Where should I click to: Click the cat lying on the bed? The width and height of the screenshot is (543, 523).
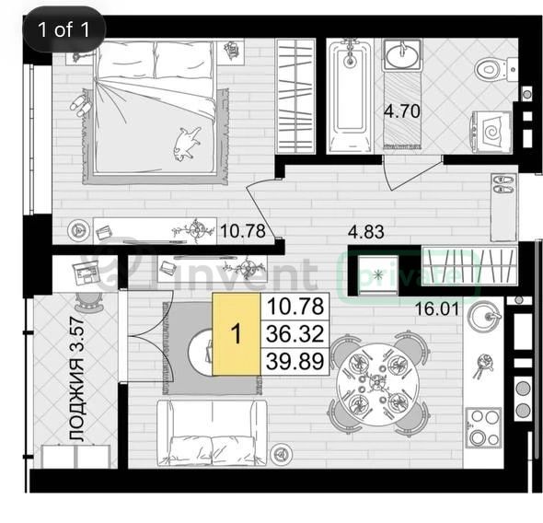[186, 144]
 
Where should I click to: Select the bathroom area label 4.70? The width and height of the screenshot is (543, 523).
[402, 111]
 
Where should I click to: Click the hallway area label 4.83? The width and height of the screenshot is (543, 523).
[366, 232]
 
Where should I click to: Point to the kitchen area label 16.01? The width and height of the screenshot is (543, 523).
[437, 309]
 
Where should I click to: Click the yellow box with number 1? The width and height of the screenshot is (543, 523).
[237, 334]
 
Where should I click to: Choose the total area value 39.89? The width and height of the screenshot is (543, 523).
[295, 361]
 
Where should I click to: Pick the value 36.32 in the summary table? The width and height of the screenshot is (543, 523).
[295, 334]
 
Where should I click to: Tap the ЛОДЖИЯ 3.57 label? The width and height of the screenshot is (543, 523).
[76, 379]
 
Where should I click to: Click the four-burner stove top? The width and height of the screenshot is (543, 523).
[483, 427]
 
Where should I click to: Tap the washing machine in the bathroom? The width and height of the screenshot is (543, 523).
[491, 132]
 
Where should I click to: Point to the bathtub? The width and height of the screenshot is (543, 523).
[351, 97]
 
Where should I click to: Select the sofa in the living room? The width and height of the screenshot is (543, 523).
[212, 433]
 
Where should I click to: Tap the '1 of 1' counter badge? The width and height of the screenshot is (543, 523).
[64, 29]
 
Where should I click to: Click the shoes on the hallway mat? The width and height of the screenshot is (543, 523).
[504, 184]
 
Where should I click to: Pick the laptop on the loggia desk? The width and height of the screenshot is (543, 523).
[84, 273]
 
